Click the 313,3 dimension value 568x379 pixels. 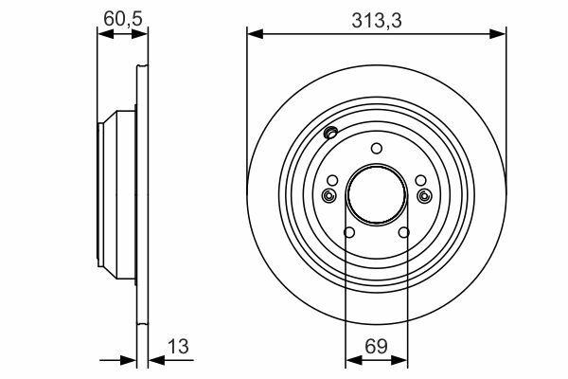coord(377,21)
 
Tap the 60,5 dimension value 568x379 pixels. coord(123,19)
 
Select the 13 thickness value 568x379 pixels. coord(178,346)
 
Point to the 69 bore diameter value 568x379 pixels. coord(376,346)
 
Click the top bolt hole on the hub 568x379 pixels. coord(377,149)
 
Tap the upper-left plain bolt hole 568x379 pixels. coord(332,180)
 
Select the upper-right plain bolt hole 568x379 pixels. coord(420,180)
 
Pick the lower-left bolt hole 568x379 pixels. coord(349,232)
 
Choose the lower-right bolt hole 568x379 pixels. coord(404,232)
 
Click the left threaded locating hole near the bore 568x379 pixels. coord(328,196)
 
